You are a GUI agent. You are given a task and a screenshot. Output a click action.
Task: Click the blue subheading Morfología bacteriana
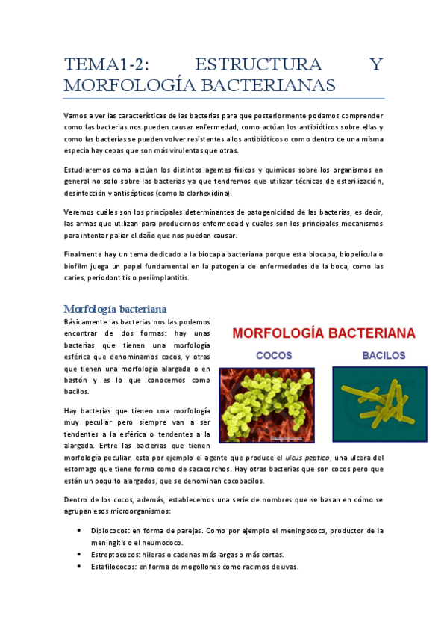(x=115, y=308)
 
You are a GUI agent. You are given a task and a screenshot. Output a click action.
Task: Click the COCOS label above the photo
(x=274, y=355)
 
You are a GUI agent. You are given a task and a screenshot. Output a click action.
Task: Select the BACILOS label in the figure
(x=384, y=355)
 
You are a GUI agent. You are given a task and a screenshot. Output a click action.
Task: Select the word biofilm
(x=76, y=266)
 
